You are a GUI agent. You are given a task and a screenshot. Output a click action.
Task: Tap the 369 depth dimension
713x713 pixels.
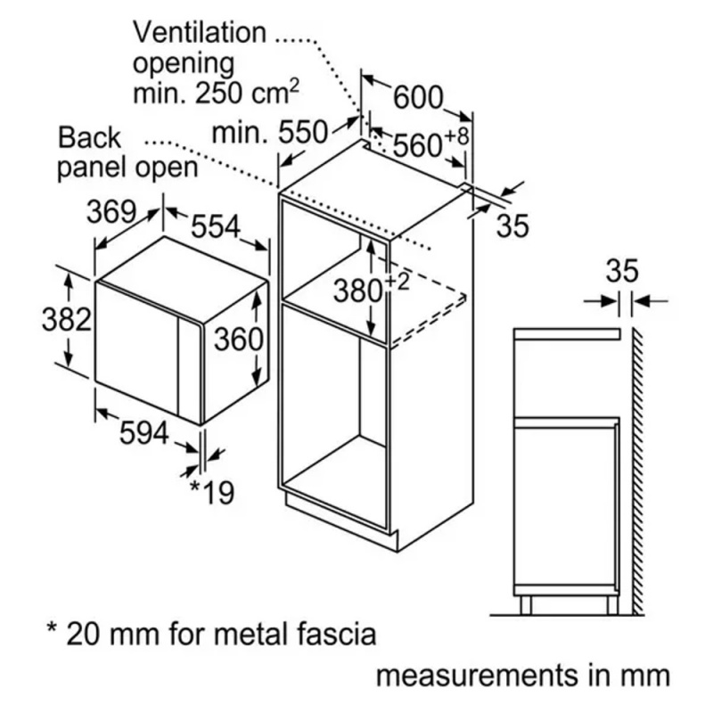point(111,212)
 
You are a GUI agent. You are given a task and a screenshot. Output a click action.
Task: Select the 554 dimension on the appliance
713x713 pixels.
point(217,228)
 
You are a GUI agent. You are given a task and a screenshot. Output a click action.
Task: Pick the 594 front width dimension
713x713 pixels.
point(143,434)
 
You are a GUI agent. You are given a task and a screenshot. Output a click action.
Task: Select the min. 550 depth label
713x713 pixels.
point(270,134)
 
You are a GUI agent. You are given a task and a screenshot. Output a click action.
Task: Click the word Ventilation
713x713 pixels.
point(200,33)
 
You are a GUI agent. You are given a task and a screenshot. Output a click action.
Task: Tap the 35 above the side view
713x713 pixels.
point(625,268)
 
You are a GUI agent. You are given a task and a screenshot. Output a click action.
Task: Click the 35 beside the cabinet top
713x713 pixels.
point(512,225)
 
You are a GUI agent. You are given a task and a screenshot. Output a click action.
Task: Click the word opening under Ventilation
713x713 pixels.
point(184,64)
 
